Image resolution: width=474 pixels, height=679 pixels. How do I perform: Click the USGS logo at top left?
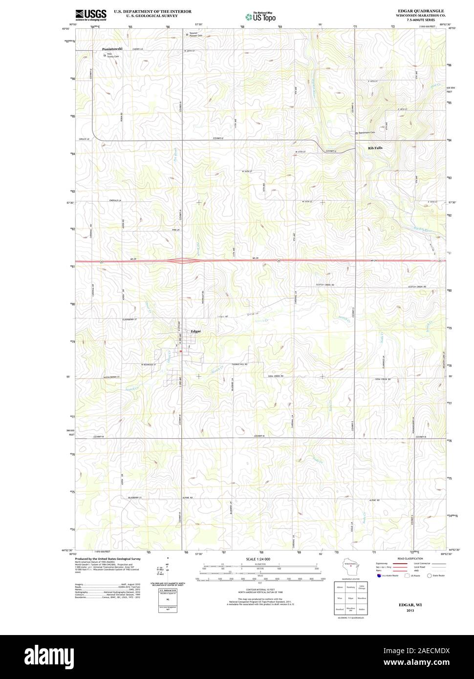[91, 15]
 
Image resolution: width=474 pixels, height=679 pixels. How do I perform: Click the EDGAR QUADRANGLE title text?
[421, 10]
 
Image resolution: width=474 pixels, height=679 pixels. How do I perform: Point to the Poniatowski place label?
[112, 49]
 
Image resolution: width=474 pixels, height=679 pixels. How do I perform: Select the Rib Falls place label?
[375, 148]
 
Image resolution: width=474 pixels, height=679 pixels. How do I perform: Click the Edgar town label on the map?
[196, 331]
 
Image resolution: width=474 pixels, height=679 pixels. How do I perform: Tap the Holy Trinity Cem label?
[112, 55]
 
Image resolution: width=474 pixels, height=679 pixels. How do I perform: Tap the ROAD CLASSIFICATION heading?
[410, 558]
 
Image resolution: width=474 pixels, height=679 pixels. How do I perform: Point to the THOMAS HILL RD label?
[239, 364]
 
